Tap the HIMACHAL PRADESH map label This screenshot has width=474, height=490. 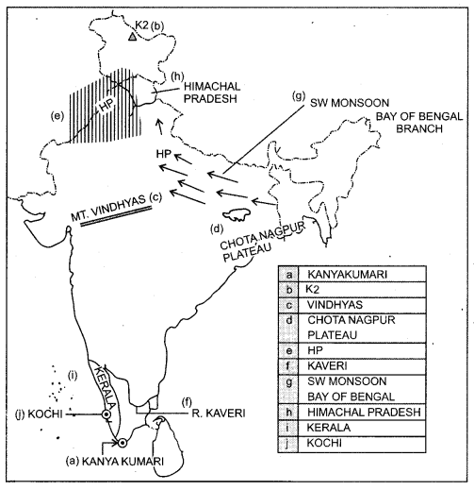tap(207, 91)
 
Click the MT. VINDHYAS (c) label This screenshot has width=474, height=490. tap(120, 204)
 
